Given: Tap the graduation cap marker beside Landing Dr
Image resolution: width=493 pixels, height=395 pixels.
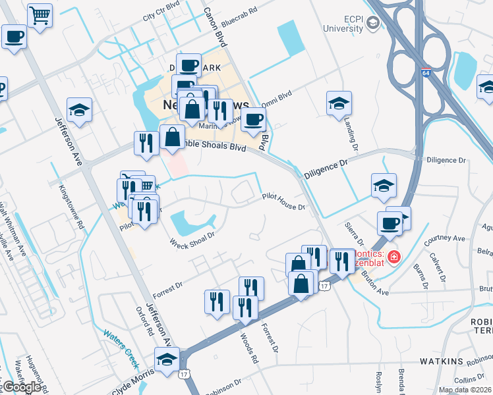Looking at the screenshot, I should [x=339, y=103].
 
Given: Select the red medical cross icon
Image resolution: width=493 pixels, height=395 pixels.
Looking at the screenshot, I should [x=393, y=255].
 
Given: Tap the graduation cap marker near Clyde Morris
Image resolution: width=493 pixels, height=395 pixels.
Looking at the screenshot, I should [x=167, y=359].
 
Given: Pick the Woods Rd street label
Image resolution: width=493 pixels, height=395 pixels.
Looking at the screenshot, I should [x=246, y=349].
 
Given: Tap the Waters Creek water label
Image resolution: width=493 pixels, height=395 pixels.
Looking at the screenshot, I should [x=120, y=347].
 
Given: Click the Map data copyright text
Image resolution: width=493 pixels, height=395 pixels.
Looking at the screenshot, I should [x=465, y=390].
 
